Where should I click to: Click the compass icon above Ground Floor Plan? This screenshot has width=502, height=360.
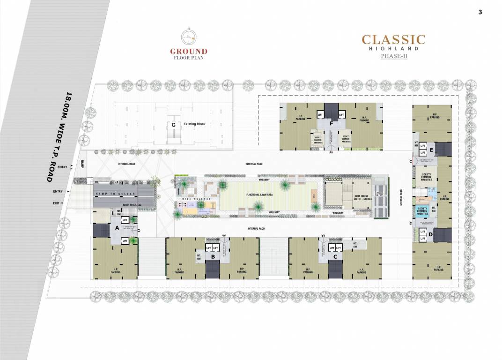click(x=188, y=37)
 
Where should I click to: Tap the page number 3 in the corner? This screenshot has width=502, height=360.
click(x=480, y=13)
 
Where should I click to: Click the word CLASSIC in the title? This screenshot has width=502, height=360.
click(x=393, y=39)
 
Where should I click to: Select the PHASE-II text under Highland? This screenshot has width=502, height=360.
click(x=393, y=56)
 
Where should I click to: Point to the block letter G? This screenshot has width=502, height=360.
click(x=173, y=124)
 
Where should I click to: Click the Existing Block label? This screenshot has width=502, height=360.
click(x=194, y=124)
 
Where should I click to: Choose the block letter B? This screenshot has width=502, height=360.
click(x=213, y=256)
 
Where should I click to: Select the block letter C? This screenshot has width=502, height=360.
click(x=335, y=256)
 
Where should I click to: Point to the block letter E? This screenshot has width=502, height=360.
click(x=431, y=150)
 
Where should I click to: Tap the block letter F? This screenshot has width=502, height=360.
click(x=331, y=124)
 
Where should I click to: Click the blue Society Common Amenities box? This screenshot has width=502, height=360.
click(x=422, y=211)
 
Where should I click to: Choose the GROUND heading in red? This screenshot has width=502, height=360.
click(x=189, y=52)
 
